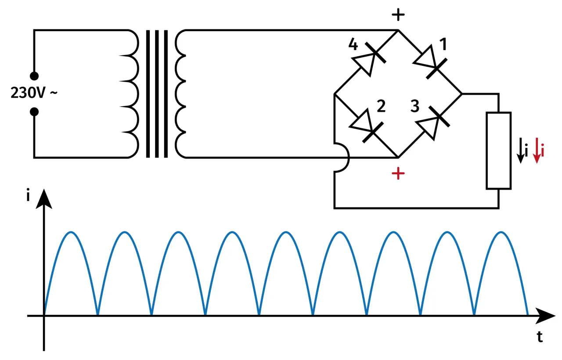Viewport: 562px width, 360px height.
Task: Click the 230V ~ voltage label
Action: [x=33, y=94]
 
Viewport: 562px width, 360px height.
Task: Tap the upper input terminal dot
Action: [x=34, y=76]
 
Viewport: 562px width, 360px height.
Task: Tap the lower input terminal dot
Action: [x=34, y=112]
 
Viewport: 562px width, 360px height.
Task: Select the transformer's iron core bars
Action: [x=157, y=94]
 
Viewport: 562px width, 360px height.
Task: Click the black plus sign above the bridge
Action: [x=398, y=16]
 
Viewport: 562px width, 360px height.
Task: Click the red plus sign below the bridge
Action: [x=398, y=174]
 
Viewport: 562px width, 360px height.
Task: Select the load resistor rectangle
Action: [x=498, y=151]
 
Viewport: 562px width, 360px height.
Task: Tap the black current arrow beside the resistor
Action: [x=520, y=151]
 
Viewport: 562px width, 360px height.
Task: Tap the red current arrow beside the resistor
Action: [x=536, y=151]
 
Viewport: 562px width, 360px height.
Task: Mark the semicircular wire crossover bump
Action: [x=343, y=158]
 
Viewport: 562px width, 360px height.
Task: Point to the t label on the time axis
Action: [x=540, y=337]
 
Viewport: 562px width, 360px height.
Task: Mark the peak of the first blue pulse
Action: [x=71, y=232]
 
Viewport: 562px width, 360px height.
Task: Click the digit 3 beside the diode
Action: [x=414, y=107]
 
